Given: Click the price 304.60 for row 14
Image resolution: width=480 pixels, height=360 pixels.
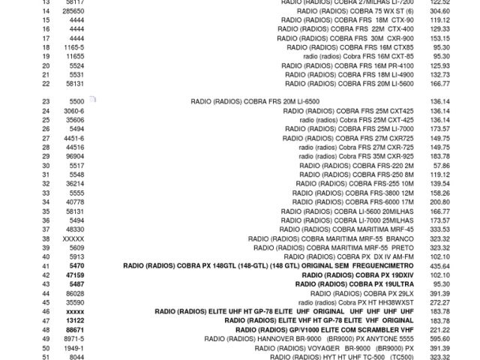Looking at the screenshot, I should (440, 11).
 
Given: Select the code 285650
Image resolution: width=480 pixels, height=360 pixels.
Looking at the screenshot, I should (73, 11).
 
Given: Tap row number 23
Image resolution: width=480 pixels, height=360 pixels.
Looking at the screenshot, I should (46, 101).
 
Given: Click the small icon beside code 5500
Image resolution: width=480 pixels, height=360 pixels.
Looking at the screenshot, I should (92, 99).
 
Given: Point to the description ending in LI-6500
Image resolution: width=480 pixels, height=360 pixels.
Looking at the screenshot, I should (255, 101).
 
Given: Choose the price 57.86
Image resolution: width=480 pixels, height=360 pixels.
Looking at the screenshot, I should (442, 166).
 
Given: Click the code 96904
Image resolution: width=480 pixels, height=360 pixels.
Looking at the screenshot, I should (76, 157).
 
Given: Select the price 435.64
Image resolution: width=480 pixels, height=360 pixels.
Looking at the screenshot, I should (440, 266).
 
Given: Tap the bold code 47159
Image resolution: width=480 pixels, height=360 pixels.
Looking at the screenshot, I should (76, 275).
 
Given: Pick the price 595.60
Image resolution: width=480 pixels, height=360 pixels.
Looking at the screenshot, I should (440, 339).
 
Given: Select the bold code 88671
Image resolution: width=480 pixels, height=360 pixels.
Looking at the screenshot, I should (76, 330).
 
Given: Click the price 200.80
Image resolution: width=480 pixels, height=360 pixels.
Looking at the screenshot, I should (440, 202).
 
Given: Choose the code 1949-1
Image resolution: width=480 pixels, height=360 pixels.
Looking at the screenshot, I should (74, 349).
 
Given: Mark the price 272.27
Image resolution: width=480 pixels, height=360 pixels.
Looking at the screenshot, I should (440, 303).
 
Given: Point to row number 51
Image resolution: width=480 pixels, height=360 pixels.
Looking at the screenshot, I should (46, 358).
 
